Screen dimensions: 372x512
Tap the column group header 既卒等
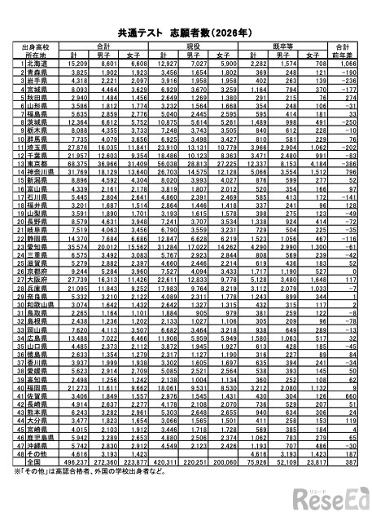284,46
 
